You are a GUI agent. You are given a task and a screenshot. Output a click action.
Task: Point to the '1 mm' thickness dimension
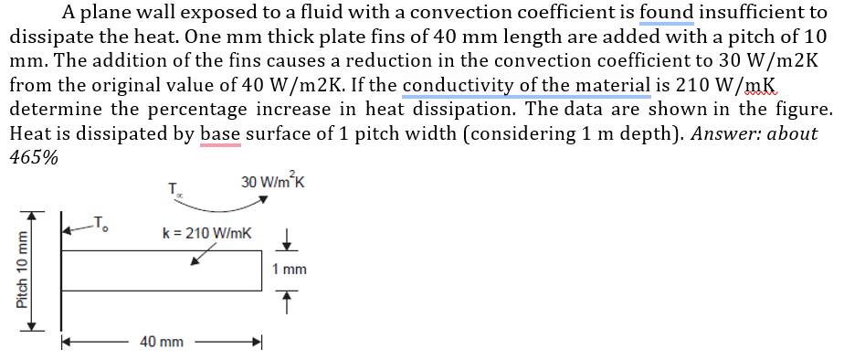[290, 270]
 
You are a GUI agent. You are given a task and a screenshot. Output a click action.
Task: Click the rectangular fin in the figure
[162, 270]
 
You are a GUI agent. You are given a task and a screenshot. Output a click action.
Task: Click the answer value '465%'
[34, 155]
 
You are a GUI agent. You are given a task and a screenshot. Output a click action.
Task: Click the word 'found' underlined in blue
[666, 13]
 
